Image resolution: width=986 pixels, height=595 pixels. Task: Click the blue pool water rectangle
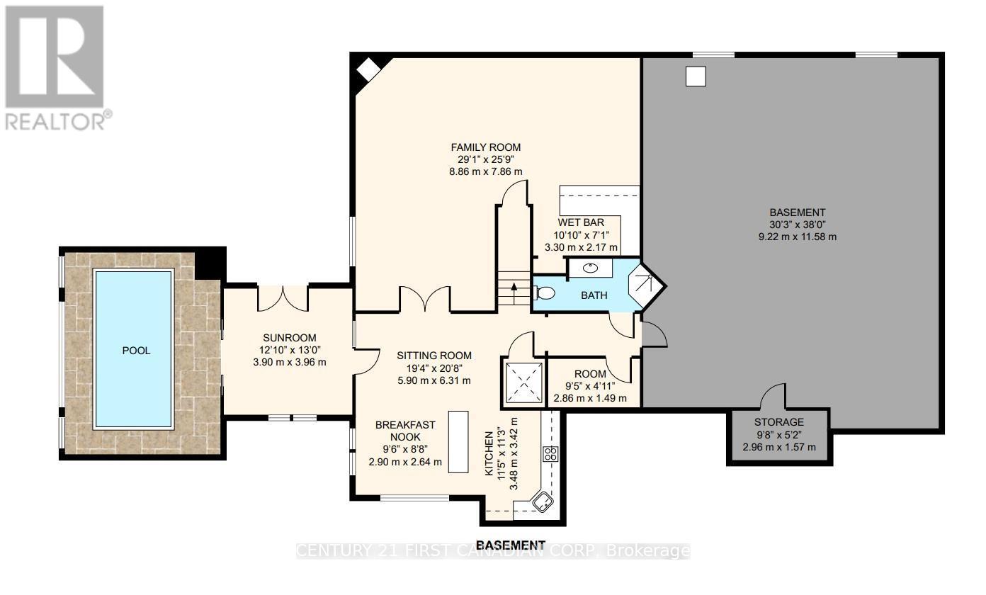point(134,350)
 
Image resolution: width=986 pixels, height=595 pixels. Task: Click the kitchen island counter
point(458,441)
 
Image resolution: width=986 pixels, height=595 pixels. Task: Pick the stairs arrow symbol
point(514,287)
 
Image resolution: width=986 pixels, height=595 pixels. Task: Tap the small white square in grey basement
point(696,76)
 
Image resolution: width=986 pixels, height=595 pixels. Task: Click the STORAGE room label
point(778,422)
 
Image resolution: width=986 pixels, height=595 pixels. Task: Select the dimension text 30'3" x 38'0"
point(797,225)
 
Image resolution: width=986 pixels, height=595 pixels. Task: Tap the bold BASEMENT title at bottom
point(511,545)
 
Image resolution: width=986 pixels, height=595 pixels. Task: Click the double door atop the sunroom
point(283,297)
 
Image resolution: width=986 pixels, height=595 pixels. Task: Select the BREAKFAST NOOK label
point(405,431)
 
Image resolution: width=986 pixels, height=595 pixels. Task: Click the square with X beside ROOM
point(524,383)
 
